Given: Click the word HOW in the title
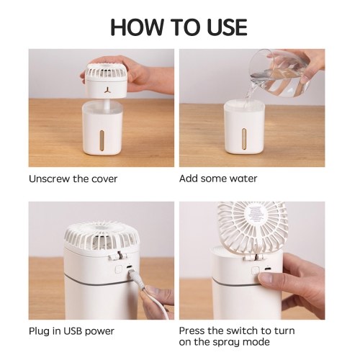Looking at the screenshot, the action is [137, 27].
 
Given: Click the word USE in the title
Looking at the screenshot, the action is [227, 27].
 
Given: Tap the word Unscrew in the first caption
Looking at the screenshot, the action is [50, 179].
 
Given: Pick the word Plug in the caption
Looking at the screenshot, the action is [39, 332].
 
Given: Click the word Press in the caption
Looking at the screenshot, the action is [192, 330].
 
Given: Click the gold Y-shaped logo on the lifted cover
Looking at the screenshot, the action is [107, 90].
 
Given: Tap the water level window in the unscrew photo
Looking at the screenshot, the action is [102, 141].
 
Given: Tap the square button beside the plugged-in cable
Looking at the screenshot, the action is [119, 269].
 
